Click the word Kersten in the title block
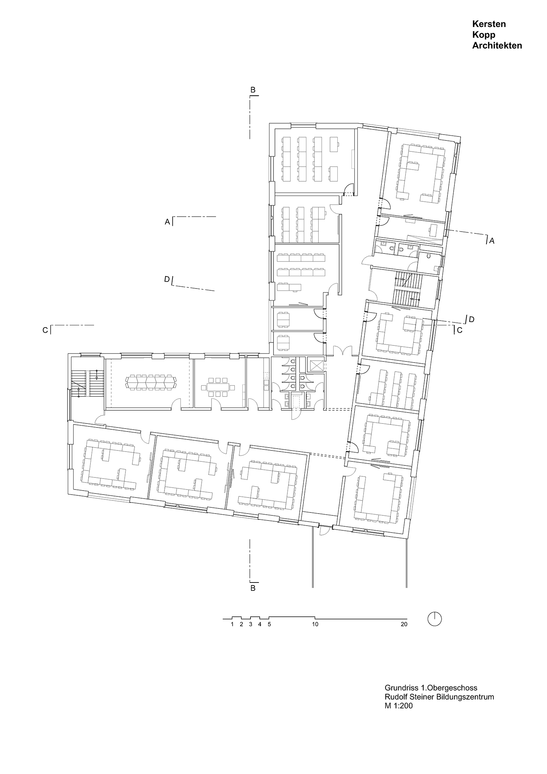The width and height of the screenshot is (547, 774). coord(489,24)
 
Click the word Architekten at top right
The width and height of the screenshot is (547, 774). coord(497,46)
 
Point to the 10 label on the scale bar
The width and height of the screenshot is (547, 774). coord(315,624)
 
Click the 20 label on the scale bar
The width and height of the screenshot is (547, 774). coord(404,624)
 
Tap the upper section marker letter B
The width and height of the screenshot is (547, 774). coord(253,90)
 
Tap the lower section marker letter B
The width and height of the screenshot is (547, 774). coord(253,588)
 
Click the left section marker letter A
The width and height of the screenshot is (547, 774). coord(167,221)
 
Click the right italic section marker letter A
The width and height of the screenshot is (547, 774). coord(492,241)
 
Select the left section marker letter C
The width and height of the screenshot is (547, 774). coord(45,330)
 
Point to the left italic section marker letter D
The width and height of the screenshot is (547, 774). coord(167,279)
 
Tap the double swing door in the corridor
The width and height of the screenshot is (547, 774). coord(342,351)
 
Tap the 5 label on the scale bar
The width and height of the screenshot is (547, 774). coord(269,624)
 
